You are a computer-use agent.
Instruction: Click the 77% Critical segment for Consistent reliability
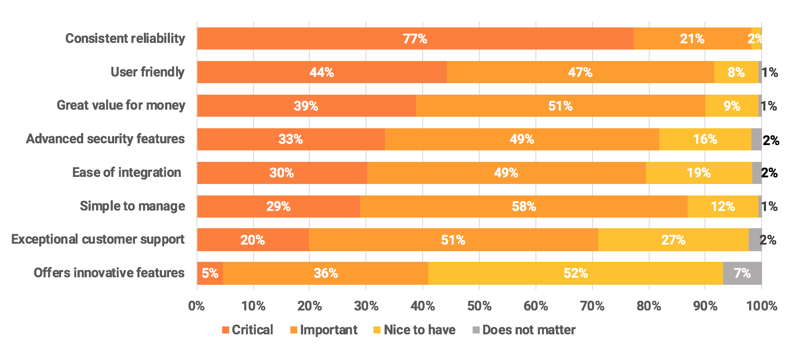[x=415, y=38]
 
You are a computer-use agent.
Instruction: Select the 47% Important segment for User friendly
[x=580, y=72]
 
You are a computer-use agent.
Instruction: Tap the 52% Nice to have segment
[x=575, y=273]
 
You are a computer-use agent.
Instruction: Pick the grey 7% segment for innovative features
[x=742, y=273]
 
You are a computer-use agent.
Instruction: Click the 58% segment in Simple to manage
[x=524, y=207]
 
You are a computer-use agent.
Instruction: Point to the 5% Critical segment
[x=210, y=273]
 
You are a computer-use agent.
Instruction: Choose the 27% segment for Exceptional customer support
[x=673, y=240]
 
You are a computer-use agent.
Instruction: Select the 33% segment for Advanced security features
[x=291, y=139]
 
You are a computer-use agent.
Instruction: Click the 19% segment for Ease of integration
[x=699, y=173]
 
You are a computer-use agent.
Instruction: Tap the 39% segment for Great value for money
[x=306, y=106]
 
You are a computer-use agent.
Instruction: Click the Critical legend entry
[x=247, y=330]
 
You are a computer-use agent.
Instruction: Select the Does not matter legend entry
[x=524, y=330]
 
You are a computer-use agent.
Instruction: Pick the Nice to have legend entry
[x=414, y=330]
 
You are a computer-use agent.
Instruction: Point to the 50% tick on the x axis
[x=479, y=306]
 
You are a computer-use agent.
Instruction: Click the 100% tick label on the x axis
[x=762, y=306]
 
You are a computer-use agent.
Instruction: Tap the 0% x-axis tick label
[x=196, y=306]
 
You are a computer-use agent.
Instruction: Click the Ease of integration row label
[x=127, y=172]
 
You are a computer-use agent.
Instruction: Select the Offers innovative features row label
[x=109, y=273]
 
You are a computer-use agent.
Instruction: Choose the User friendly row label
[x=147, y=72]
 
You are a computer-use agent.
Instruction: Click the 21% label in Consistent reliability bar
[x=692, y=39]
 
